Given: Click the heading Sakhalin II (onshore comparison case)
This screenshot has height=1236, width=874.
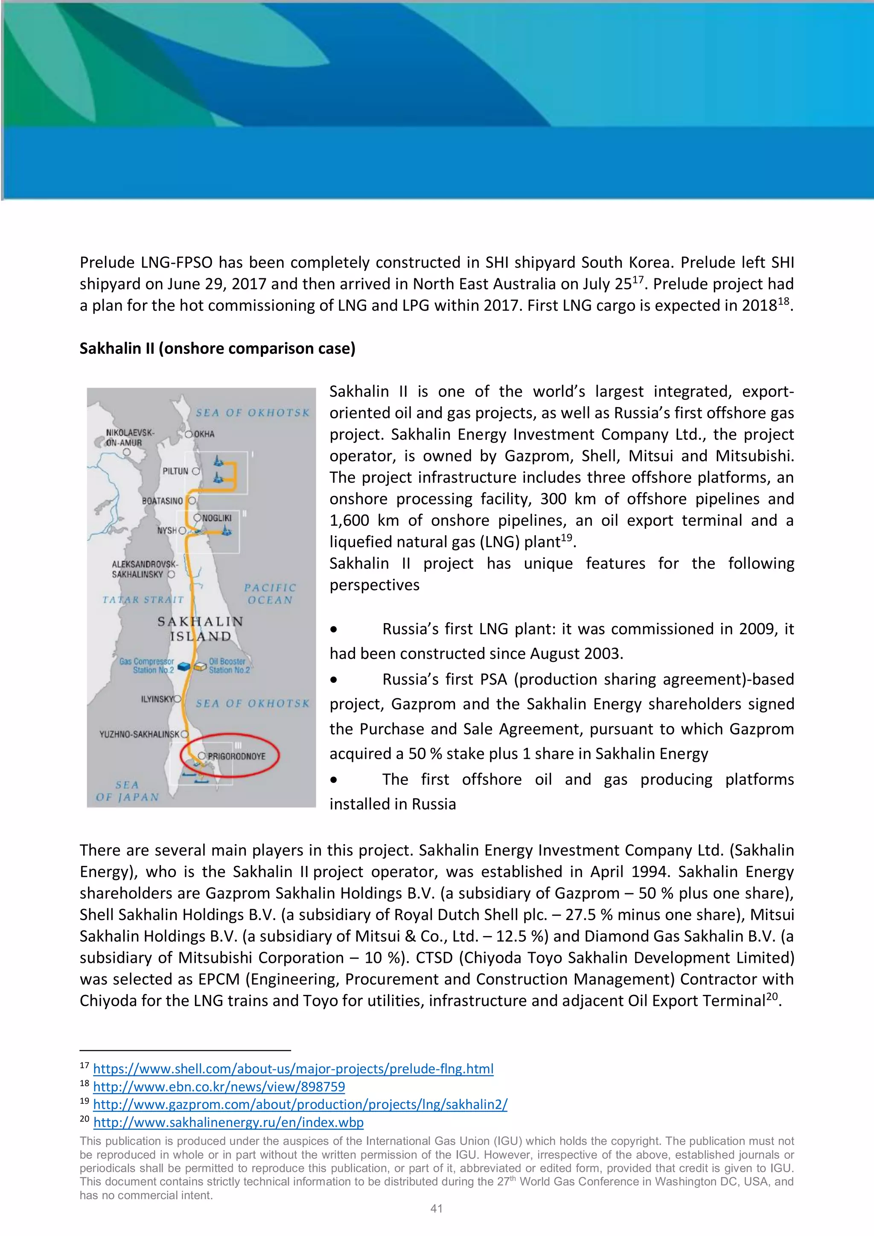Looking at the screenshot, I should pos(217,348).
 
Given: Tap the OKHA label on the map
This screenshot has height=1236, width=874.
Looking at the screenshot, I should pos(204,434).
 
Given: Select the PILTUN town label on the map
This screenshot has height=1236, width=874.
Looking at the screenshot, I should pos(175,471).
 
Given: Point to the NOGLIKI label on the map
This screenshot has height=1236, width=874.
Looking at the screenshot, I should pos(217,518).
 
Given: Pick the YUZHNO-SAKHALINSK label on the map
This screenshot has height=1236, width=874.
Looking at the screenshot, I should pos(140,734).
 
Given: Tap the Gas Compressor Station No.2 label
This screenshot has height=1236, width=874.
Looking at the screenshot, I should pos(147,665).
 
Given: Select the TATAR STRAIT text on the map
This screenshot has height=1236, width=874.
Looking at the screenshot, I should pos(143,600).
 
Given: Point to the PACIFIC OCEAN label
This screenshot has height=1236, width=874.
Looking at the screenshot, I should pos(270,594).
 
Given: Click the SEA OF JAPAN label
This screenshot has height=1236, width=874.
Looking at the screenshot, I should pos(128,791).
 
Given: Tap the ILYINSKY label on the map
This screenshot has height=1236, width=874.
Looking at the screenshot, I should pos(157,699).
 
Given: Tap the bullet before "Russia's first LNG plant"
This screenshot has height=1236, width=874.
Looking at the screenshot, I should pos(334,629).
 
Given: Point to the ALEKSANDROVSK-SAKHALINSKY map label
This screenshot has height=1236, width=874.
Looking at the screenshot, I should pos(144,569).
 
